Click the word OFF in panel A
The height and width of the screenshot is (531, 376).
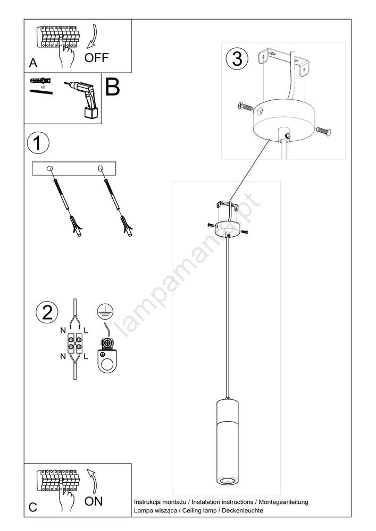(96, 58)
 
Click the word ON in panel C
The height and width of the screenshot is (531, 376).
(94, 501)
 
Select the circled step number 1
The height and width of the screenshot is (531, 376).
(38, 143)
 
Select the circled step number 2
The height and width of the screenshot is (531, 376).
(47, 312)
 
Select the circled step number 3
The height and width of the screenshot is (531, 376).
(237, 58)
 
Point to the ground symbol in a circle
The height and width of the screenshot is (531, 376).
(105, 311)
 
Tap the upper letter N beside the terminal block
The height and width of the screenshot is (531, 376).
(63, 330)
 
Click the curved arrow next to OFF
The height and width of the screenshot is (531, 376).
(91, 37)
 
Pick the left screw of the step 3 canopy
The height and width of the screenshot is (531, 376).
(245, 106)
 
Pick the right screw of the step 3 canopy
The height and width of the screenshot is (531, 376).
(324, 131)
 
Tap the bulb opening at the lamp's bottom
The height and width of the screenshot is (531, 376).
(227, 480)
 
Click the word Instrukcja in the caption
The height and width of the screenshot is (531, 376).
(148, 502)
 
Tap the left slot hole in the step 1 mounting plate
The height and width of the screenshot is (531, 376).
(50, 168)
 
